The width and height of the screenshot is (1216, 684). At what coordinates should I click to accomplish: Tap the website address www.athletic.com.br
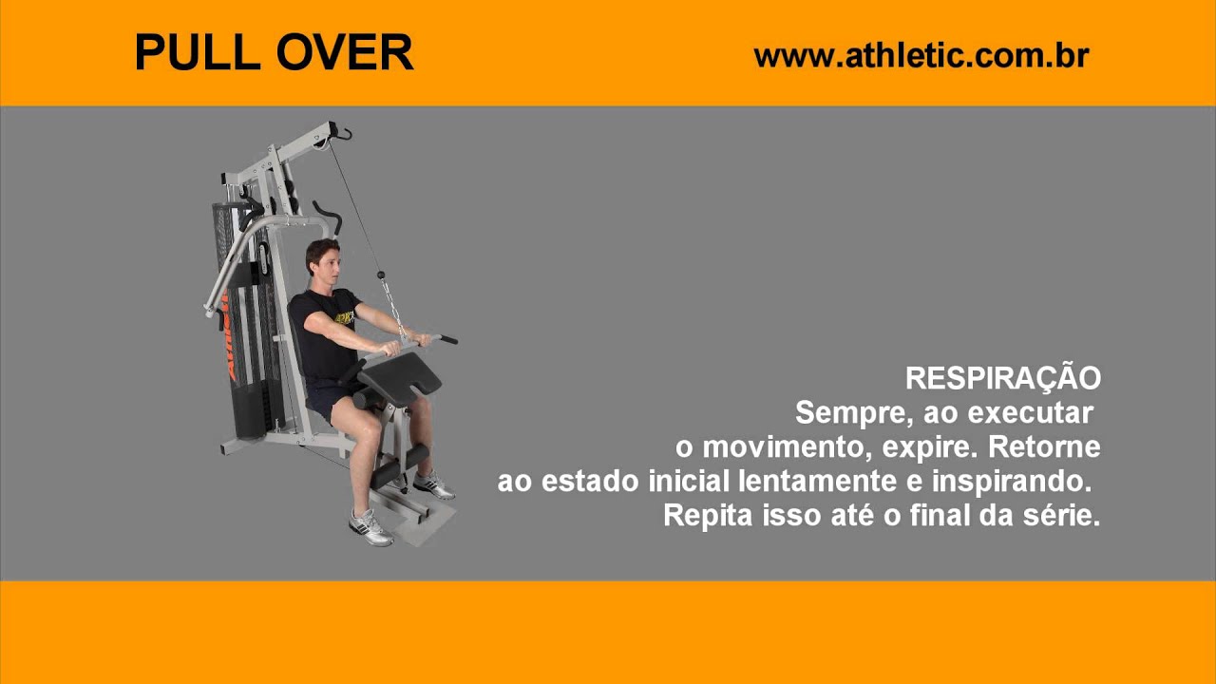920,56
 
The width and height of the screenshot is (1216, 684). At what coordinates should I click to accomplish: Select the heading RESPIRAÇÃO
1002,378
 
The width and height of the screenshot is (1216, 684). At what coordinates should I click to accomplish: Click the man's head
323,261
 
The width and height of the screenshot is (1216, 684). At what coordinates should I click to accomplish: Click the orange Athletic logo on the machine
228,337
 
